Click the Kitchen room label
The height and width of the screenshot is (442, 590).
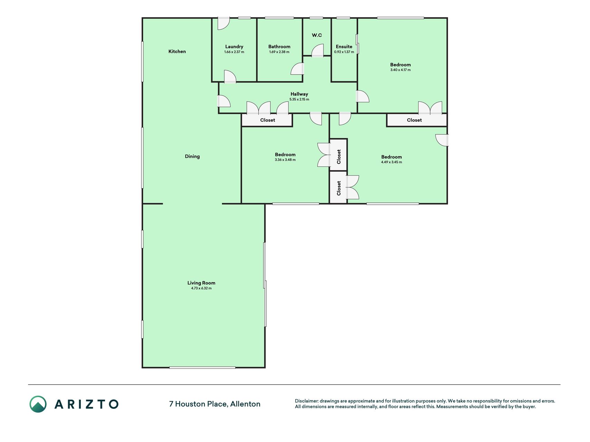[177, 51]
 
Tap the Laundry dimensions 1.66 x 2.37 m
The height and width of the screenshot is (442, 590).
[234, 52]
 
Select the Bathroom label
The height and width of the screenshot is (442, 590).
[279, 47]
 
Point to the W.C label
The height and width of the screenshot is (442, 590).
[317, 35]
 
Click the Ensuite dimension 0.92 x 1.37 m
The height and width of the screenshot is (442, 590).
[344, 52]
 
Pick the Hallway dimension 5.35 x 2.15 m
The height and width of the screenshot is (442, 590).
[299, 99]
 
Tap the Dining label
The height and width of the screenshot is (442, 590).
[192, 156]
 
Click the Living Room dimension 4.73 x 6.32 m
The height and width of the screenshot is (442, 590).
[201, 288]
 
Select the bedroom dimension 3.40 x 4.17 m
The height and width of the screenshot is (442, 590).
[401, 70]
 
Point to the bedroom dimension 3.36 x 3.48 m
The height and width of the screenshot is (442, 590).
[285, 160]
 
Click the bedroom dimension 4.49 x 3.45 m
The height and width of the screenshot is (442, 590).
[392, 162]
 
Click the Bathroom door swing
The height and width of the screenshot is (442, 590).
[297, 69]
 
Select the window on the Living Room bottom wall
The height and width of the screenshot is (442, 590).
[202, 367]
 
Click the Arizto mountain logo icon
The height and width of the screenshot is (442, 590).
[38, 404]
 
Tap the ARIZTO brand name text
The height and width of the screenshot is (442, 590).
[86, 404]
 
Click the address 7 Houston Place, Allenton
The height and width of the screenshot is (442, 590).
[215, 404]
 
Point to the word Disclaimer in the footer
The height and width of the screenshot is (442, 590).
[306, 401]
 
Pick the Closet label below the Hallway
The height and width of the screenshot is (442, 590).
[268, 120]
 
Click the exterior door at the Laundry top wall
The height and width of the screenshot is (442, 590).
[223, 23]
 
